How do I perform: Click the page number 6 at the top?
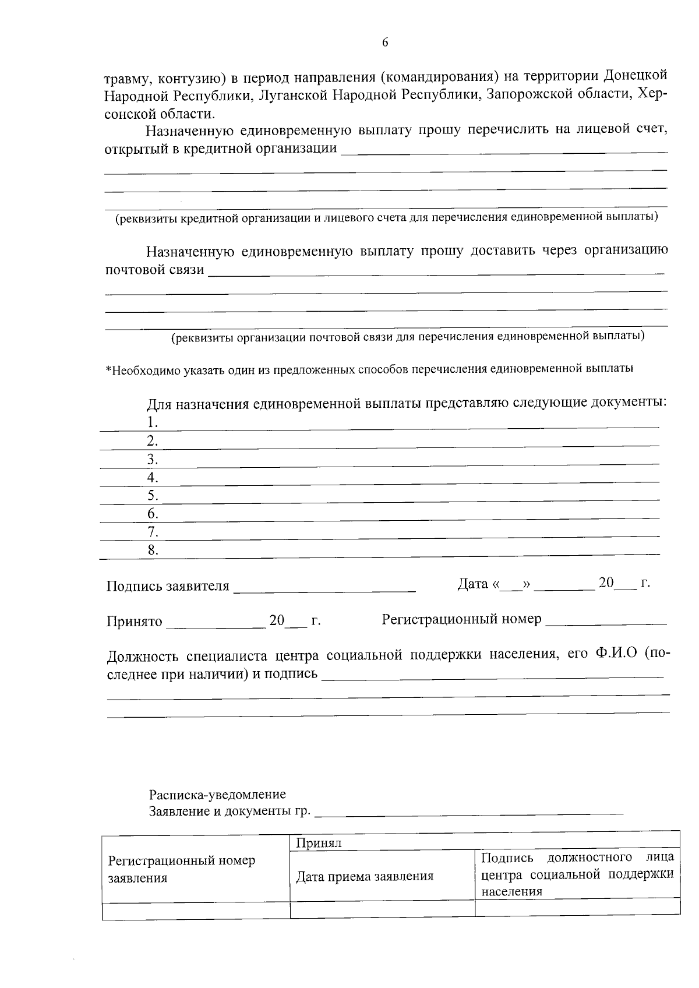[385, 43]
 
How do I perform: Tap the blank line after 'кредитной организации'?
[503, 150]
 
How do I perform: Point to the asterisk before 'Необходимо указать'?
[108, 369]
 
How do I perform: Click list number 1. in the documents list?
[153, 422]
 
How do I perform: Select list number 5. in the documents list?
[153, 496]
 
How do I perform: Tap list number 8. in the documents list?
[153, 550]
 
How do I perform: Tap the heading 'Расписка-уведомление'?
[217, 795]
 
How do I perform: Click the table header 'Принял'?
[318, 843]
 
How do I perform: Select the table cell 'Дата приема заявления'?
[365, 876]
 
